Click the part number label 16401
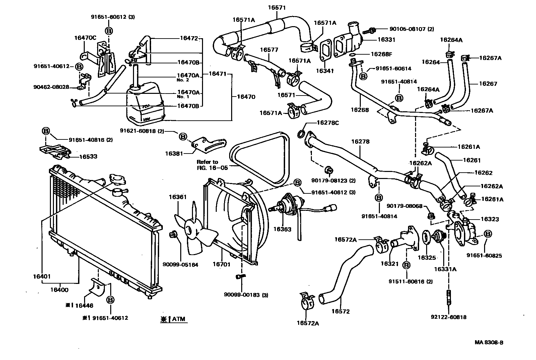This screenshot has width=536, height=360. tap(42, 277)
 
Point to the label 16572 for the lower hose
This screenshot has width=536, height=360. tap(340, 311)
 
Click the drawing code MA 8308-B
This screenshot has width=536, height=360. tap(489, 342)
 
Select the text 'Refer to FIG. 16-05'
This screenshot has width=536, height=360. tap(207, 165)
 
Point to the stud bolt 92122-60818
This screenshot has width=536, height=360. tap(449, 298)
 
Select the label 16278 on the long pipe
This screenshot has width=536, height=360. tap(360, 141)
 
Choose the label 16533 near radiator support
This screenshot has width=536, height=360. tap(88, 157)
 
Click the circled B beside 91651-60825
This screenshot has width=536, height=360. tap(488, 234)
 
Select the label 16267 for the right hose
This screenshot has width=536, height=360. tap(488, 84)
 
